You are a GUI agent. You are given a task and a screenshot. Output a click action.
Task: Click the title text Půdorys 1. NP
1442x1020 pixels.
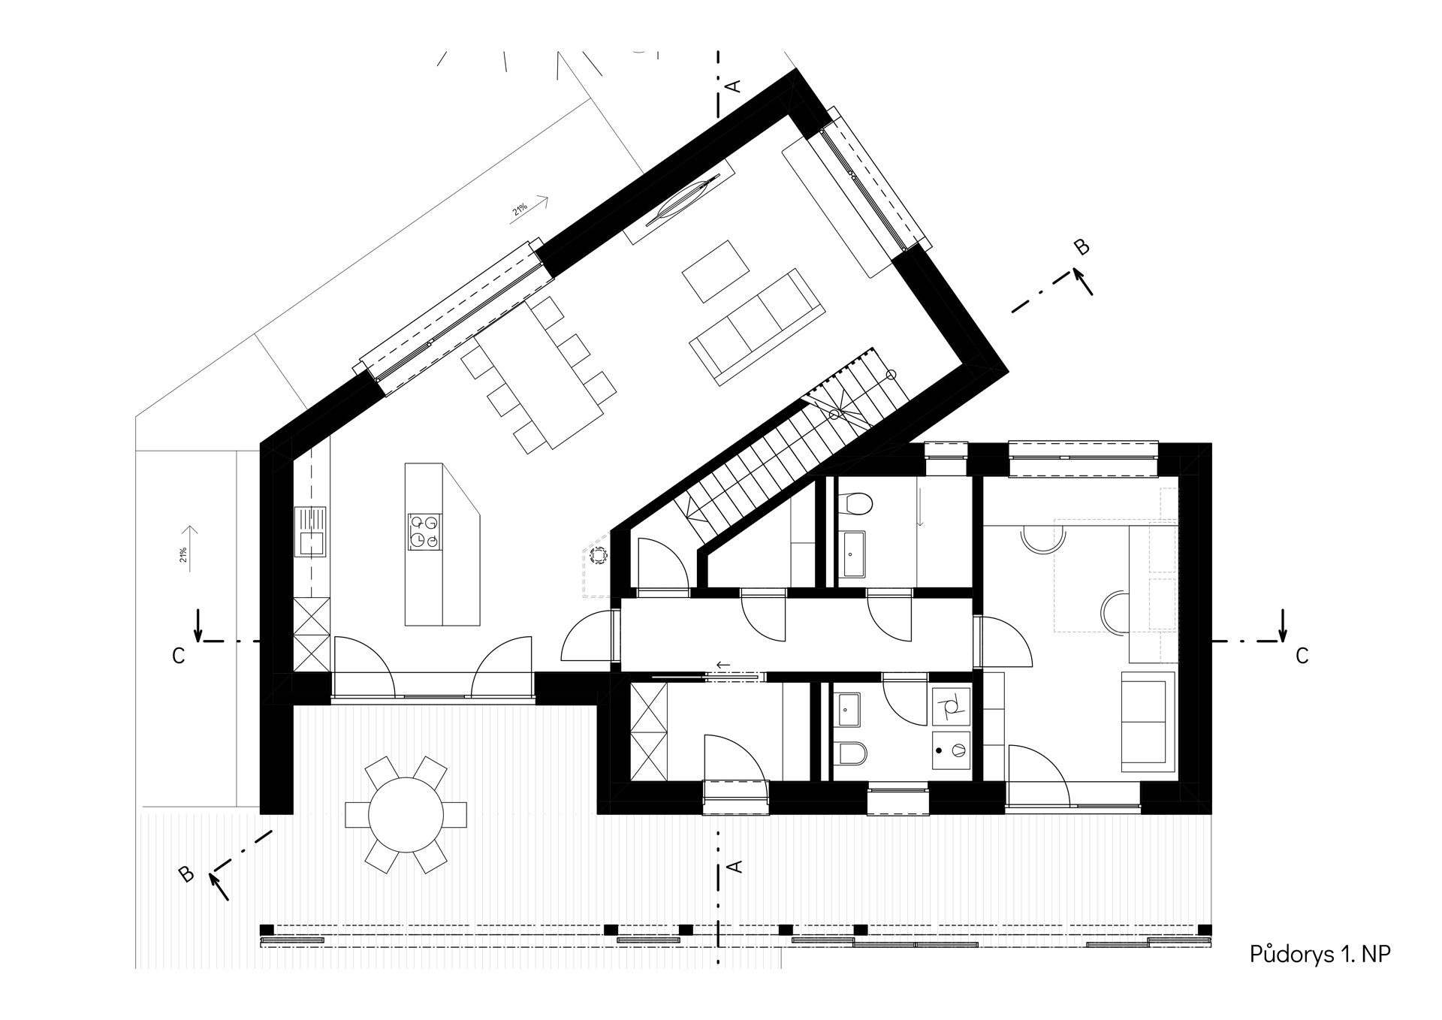[1320, 955]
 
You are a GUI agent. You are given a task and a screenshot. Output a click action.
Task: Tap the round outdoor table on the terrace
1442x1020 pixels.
[406, 815]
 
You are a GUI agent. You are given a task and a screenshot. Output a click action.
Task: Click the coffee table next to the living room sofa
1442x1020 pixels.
[716, 271]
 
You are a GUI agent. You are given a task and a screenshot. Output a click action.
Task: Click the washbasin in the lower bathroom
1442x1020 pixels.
[849, 708]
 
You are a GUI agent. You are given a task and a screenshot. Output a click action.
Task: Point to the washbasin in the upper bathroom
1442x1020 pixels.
[853, 554]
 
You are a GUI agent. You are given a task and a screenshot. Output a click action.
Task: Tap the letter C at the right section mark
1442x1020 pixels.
[1302, 656]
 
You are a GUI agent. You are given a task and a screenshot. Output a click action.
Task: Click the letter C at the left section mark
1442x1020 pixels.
[178, 656]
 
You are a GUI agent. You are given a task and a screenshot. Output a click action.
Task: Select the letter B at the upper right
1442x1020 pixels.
[1081, 247]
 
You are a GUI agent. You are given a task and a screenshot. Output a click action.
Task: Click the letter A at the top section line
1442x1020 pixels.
[735, 86]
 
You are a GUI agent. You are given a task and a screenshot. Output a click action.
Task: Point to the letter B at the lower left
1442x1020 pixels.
[186, 874]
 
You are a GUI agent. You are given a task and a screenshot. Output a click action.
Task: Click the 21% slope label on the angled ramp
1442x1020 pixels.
[520, 209]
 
